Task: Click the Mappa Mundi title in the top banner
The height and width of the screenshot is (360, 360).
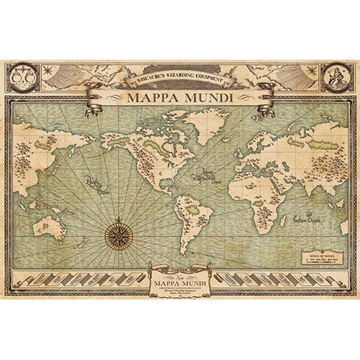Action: (180, 98)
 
